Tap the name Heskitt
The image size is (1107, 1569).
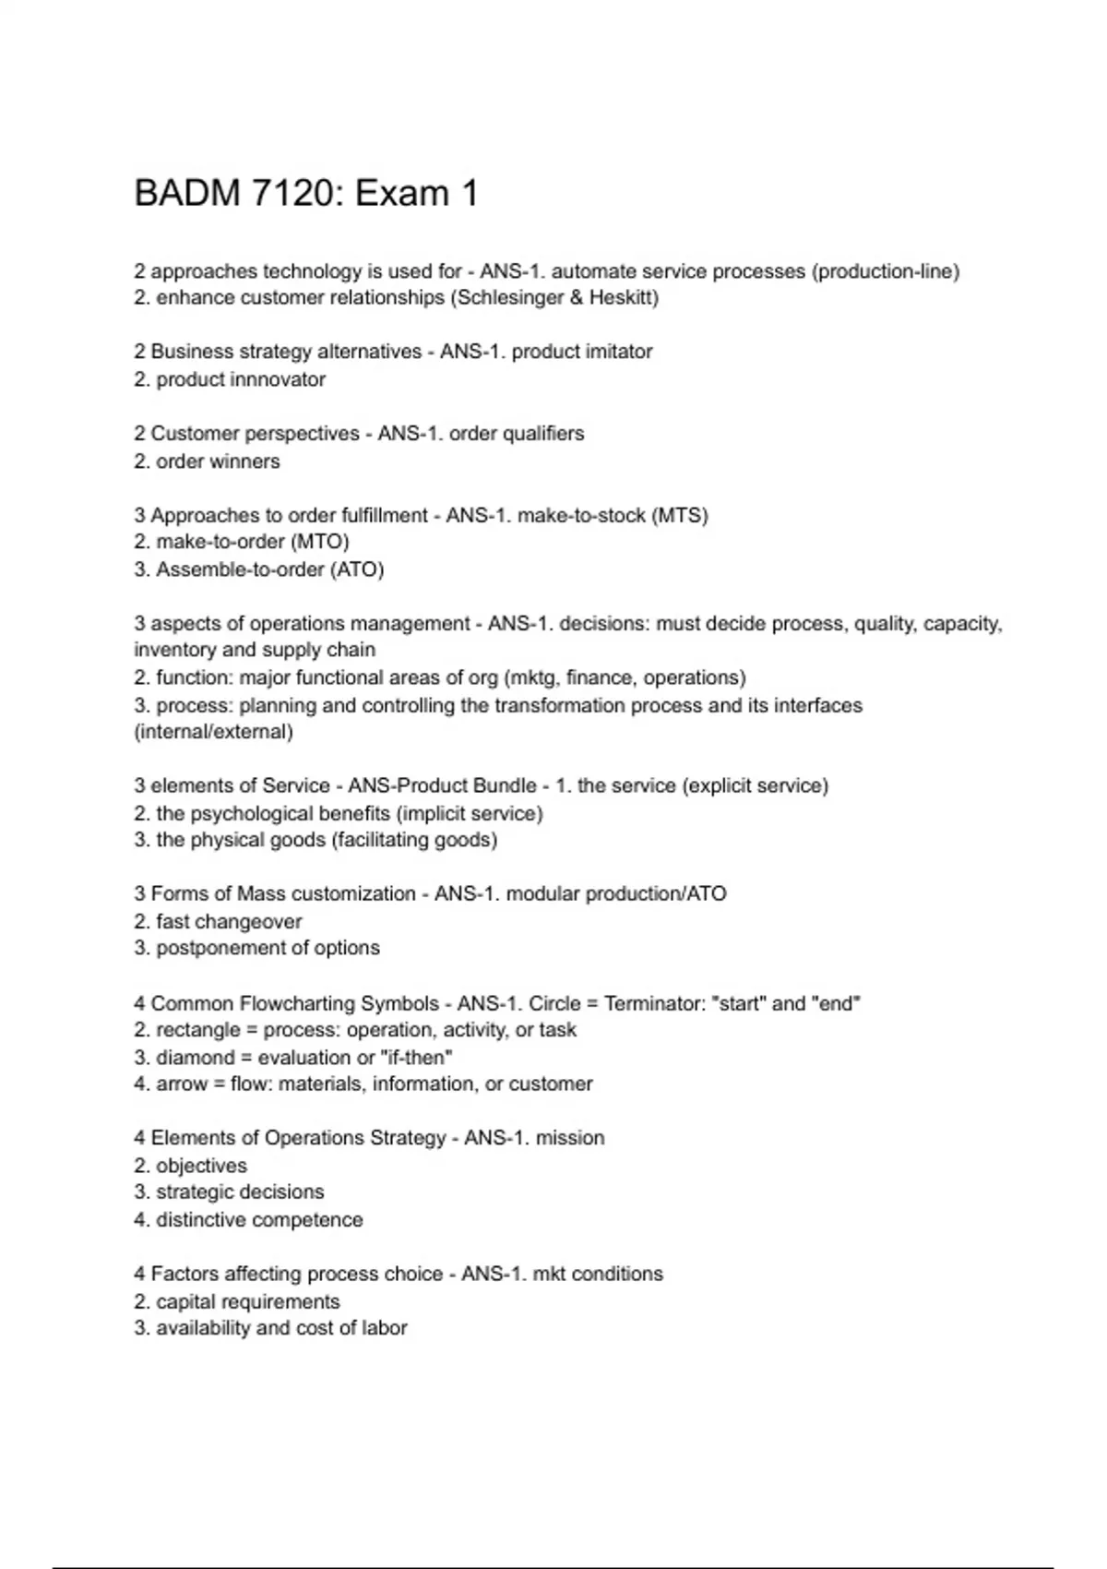[624, 298]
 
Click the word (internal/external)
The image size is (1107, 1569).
[213, 732]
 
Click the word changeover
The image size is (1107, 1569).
[256, 922]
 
